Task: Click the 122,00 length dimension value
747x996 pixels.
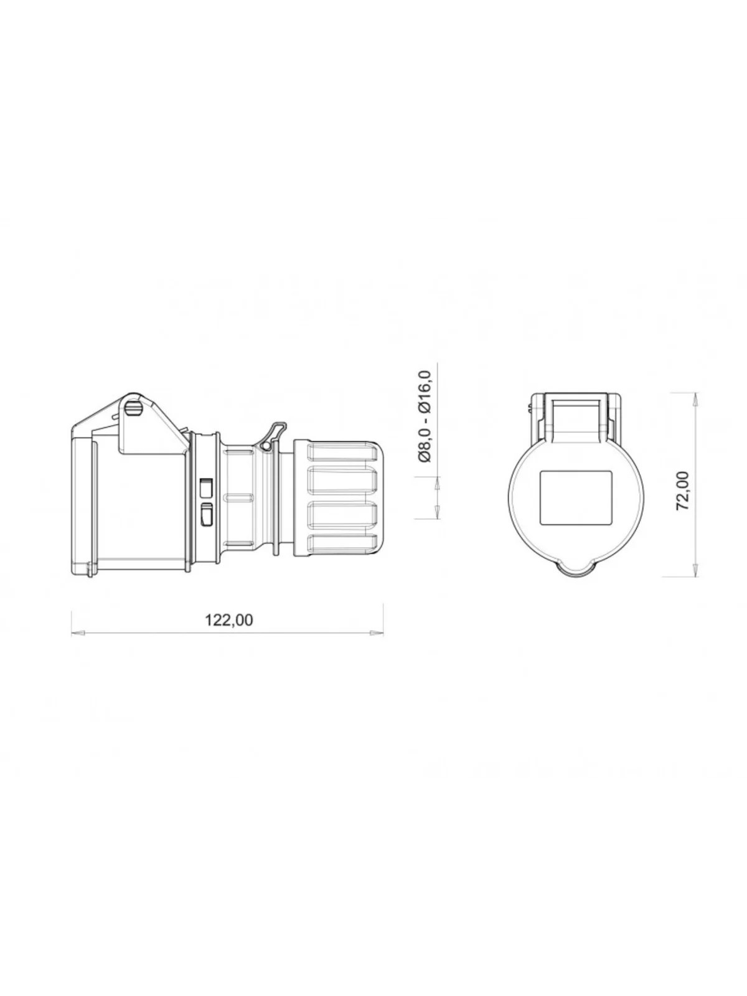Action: (229, 620)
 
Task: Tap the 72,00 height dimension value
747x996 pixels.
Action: (682, 491)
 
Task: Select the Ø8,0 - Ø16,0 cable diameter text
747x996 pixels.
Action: (425, 416)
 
